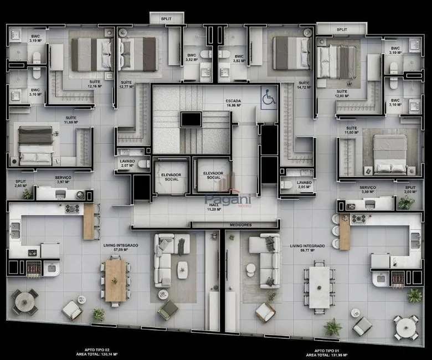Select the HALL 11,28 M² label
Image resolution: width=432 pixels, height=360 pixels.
[x=213, y=207]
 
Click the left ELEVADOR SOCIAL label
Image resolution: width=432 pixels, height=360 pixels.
[x=171, y=177]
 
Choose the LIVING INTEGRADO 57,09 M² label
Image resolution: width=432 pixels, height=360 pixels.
[x=120, y=247]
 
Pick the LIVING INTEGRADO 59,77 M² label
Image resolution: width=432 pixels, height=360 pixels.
[x=307, y=247]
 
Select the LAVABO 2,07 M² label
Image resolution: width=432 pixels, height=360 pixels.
[x=127, y=163]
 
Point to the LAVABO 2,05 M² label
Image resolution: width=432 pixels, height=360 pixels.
[x=304, y=184]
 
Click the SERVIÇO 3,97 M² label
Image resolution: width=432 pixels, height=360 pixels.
[x=63, y=180]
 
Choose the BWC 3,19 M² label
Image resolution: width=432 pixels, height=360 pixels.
[x=34, y=39]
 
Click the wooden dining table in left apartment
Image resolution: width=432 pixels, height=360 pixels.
[x=116, y=280]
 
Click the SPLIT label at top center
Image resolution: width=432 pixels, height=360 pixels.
[x=166, y=18]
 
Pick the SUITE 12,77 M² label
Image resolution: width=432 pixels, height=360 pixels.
[x=127, y=85]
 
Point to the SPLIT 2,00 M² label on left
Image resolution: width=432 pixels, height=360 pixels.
[x=20, y=183]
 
